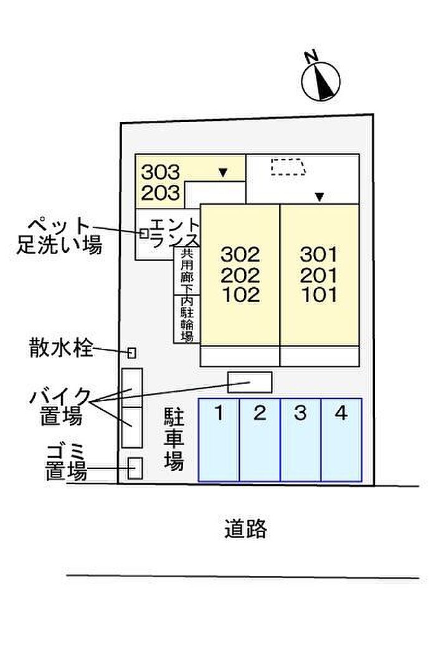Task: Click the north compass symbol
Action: (321, 80)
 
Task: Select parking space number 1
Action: (219, 440)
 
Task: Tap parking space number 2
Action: (260, 440)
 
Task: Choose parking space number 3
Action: (300, 440)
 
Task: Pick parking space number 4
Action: (341, 440)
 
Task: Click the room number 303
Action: (160, 171)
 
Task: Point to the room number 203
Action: (160, 192)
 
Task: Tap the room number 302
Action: (240, 254)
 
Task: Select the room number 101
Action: (318, 295)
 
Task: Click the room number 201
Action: (318, 275)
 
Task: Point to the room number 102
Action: (240, 295)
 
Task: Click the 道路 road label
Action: (246, 529)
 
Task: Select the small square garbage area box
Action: (135, 468)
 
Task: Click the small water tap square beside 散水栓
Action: (131, 353)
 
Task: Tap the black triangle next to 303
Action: (222, 172)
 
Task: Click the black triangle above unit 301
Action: (319, 197)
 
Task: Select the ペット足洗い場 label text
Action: (59, 235)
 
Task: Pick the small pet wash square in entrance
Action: (145, 233)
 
